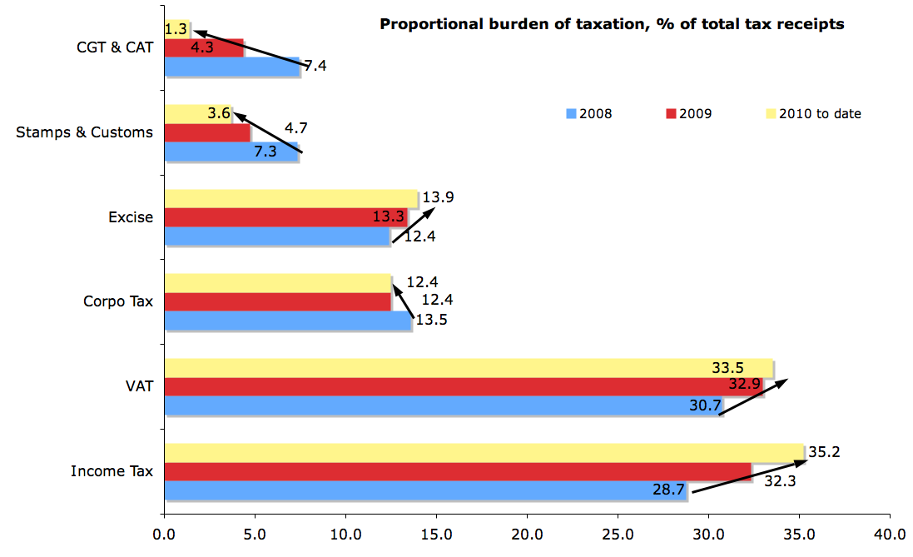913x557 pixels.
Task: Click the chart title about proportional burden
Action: click(x=612, y=24)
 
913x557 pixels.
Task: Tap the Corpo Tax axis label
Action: click(x=118, y=301)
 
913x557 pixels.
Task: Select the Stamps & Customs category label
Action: click(x=85, y=132)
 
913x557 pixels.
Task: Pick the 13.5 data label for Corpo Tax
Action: click(x=431, y=320)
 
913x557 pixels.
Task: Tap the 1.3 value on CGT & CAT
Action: click(x=176, y=29)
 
